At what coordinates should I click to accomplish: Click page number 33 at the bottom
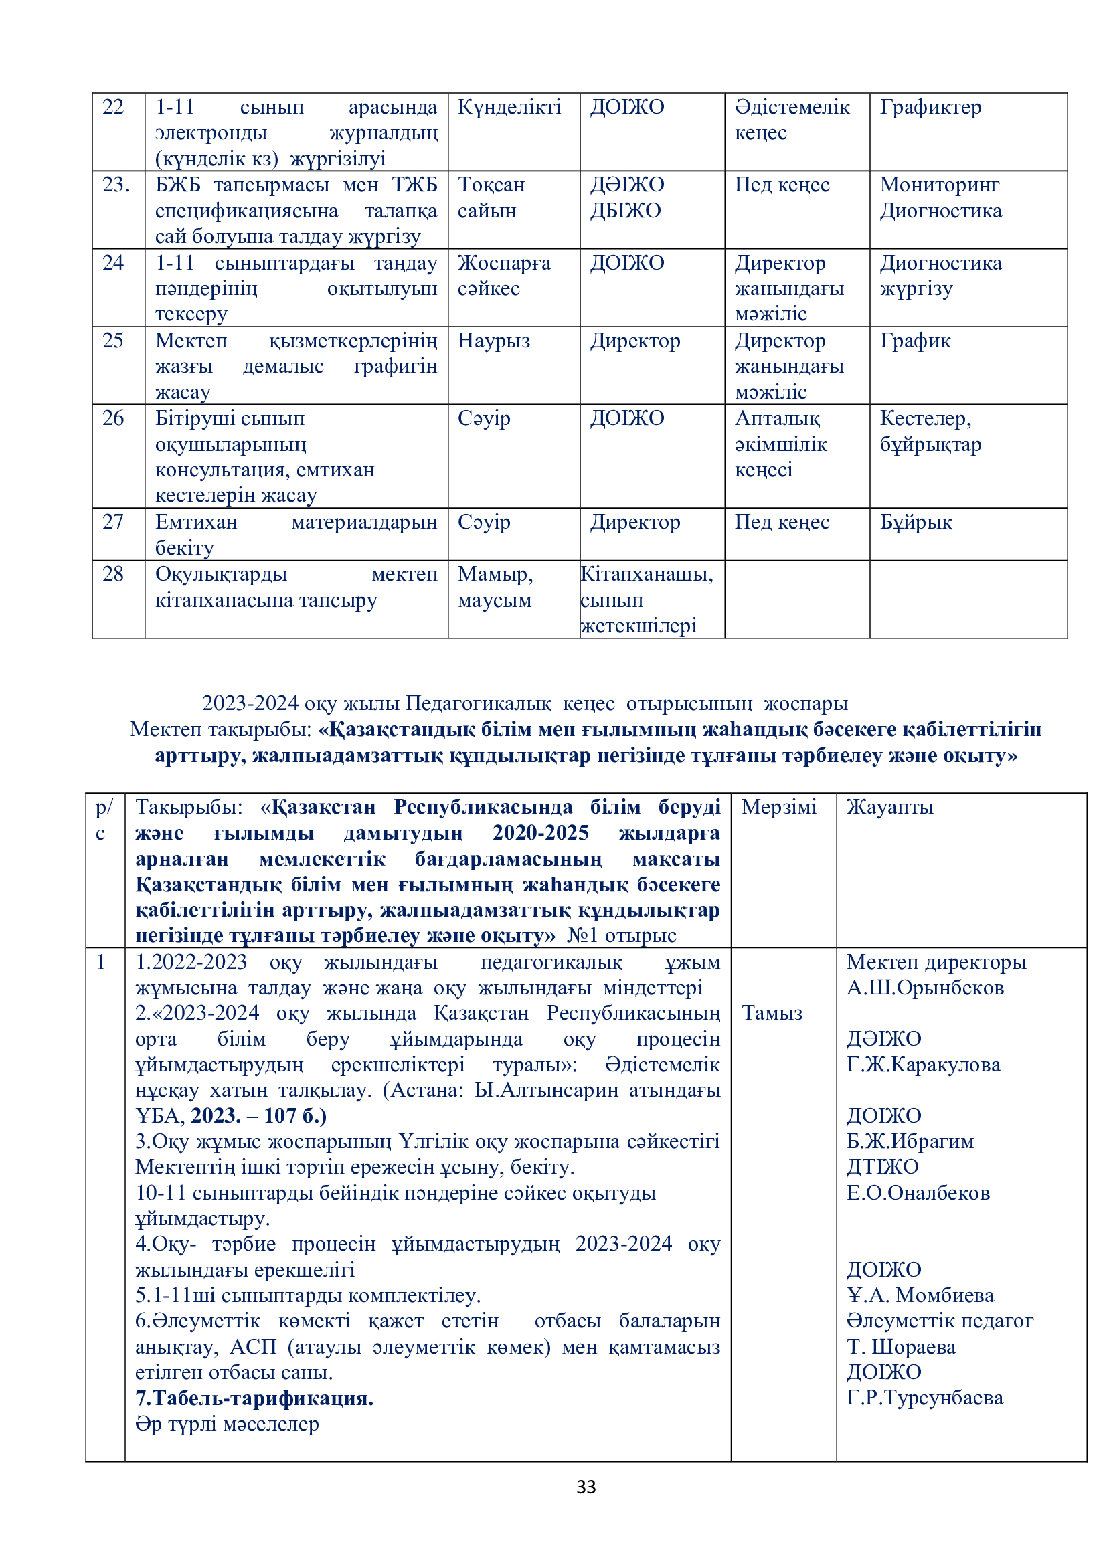586,1487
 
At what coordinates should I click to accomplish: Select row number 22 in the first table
113,107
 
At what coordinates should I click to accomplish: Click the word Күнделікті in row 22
509,107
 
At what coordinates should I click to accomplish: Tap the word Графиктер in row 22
930,107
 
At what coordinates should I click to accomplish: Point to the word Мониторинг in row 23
939,185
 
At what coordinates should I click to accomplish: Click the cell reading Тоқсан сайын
491,197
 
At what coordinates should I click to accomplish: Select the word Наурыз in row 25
493,341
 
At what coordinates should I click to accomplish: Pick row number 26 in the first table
113,418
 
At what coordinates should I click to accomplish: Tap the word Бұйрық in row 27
916,522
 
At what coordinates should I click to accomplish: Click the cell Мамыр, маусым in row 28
495,587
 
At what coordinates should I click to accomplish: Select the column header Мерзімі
778,807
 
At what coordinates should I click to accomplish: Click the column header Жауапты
889,807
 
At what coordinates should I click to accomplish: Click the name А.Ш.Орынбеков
925,988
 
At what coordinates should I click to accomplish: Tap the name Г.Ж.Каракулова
923,1065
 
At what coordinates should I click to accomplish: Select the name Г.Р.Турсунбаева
924,1398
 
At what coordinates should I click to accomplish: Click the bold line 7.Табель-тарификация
254,1398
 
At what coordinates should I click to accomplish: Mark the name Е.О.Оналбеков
918,1193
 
